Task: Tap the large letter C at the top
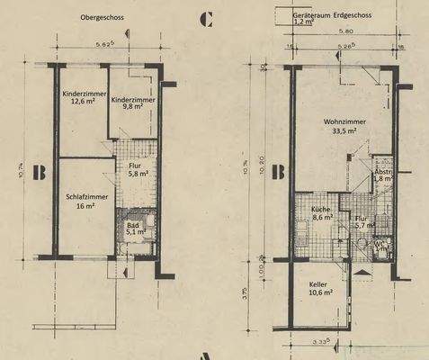pyautogui.click(x=206, y=17)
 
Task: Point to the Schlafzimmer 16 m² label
pyautogui.click(x=86, y=199)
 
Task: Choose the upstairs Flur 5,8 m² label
pyautogui.click(x=135, y=168)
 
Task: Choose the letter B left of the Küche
pyautogui.click(x=279, y=167)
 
